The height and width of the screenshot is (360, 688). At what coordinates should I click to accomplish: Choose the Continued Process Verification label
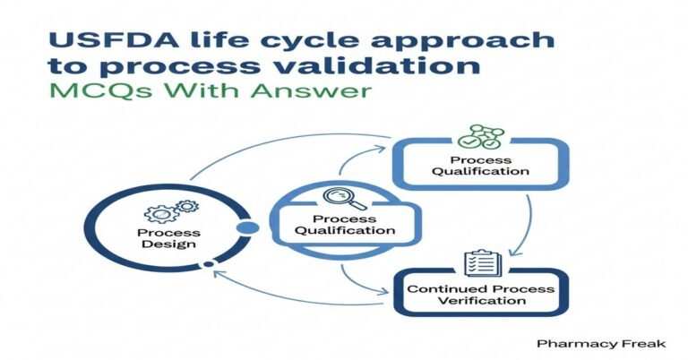click(x=480, y=296)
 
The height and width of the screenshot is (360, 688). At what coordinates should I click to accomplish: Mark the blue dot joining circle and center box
click(x=247, y=227)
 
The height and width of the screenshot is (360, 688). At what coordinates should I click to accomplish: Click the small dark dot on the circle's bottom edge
click(x=209, y=264)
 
